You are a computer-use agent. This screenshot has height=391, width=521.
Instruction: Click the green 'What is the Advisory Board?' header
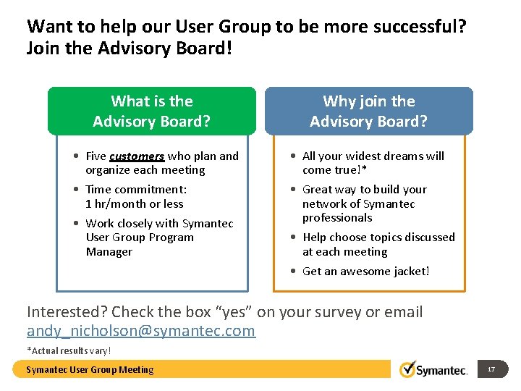click(152, 111)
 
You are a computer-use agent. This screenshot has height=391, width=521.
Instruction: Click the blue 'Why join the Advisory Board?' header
click(368, 111)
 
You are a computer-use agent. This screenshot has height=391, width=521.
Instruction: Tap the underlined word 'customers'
click(137, 156)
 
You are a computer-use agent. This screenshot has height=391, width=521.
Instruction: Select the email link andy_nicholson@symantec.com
click(141, 331)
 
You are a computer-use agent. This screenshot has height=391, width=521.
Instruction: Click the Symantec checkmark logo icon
click(407, 369)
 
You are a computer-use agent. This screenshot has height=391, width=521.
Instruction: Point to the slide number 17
click(491, 369)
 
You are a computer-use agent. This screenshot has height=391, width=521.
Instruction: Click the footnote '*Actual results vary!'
click(69, 350)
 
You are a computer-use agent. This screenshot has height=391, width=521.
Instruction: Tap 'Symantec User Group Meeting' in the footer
click(90, 370)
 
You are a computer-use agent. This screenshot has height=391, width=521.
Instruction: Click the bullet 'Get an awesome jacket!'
click(365, 271)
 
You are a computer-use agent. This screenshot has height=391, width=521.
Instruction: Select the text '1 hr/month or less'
click(134, 203)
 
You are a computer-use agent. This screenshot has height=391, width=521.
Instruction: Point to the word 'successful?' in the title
click(422, 27)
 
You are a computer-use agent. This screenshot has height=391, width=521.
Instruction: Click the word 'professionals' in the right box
click(336, 217)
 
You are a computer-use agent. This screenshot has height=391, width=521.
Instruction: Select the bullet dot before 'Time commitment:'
click(76, 190)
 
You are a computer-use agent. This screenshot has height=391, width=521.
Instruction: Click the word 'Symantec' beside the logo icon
click(444, 370)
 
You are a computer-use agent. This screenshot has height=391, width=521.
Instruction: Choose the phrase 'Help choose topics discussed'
click(378, 237)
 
